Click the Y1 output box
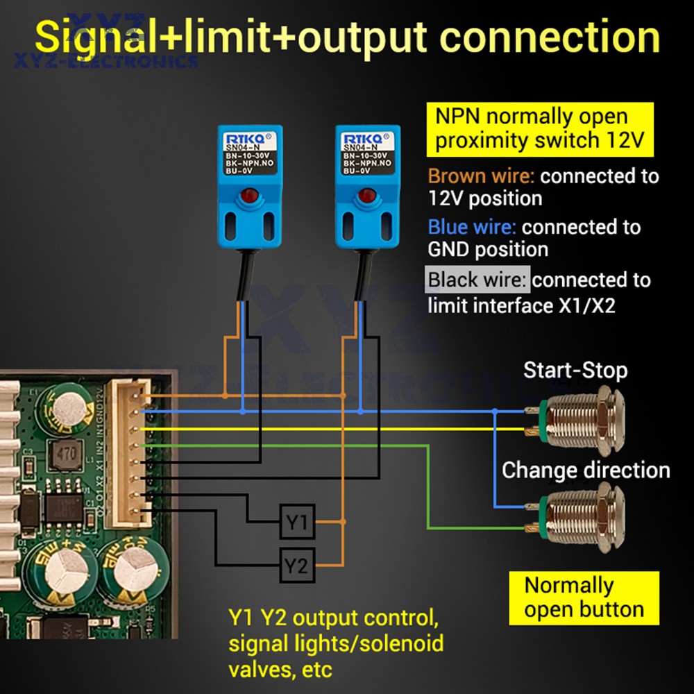pyautogui.click(x=297, y=523)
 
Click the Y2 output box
pyautogui.click(x=297, y=566)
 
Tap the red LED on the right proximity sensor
pyautogui.click(x=366, y=196)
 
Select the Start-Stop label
pyautogui.click(x=575, y=370)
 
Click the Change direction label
pyautogui.click(x=586, y=470)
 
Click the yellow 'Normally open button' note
pyautogui.click(x=584, y=598)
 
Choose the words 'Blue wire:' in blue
pyautogui.click(x=472, y=227)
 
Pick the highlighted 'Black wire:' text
pyautogui.click(x=477, y=280)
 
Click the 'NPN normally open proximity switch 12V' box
pyautogui.click(x=540, y=128)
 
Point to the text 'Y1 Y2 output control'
pyautogui.click(x=333, y=616)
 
